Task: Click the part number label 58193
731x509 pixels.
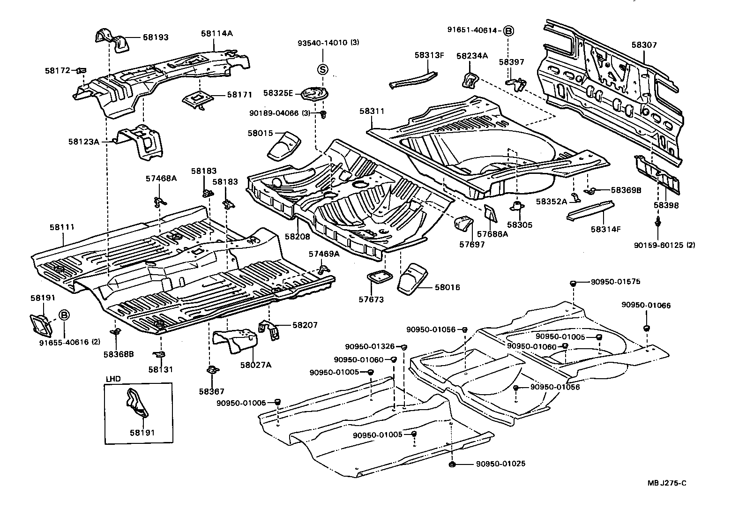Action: [x=156, y=37]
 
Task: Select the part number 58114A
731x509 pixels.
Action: [x=217, y=33]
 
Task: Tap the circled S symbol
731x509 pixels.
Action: [x=323, y=70]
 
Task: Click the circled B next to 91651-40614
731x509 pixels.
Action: [x=508, y=31]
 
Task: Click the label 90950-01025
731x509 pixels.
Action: [x=500, y=464]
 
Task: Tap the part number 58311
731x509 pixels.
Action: [x=372, y=111]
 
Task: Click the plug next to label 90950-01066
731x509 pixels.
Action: [x=646, y=328]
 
